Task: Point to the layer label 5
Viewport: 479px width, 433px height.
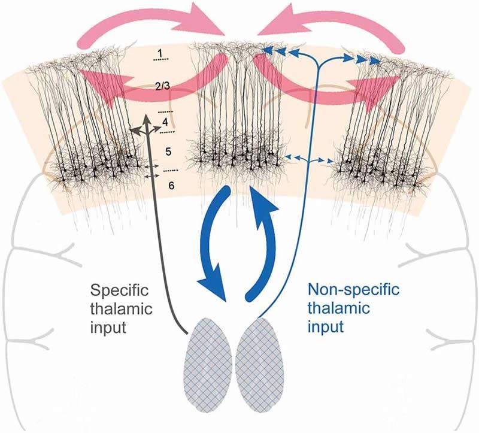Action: pyautogui.click(x=168, y=150)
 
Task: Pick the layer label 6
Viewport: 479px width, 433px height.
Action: pyautogui.click(x=171, y=186)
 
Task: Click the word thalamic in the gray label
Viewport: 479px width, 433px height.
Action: pyautogui.click(x=115, y=310)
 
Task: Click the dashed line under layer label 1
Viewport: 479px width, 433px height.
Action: pyautogui.click(x=159, y=61)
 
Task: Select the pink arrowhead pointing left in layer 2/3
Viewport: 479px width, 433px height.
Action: pyautogui.click(x=90, y=80)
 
